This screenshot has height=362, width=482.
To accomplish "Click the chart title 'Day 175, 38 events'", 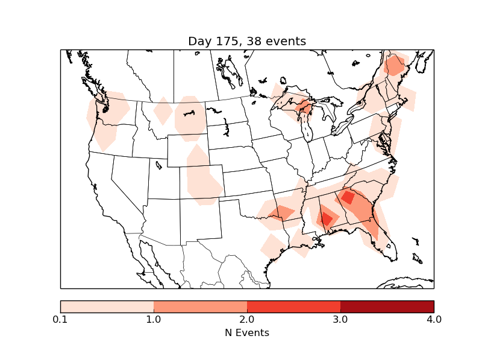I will point(247,41).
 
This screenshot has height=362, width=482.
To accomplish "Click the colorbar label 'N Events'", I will point(247,332).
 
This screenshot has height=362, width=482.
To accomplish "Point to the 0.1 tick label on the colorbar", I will point(60,319).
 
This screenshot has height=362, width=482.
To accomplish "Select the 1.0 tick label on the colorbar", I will point(154,319).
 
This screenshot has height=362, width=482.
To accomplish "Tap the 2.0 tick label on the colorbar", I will point(247,319).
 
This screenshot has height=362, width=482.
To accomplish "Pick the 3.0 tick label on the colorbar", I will point(340,319).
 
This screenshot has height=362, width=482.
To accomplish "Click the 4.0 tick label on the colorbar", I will point(434,319).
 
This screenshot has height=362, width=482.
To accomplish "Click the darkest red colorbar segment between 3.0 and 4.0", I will point(387,306).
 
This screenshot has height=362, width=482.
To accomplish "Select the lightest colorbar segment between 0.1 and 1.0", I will point(107,306).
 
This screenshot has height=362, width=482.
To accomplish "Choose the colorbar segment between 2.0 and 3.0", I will point(293,306).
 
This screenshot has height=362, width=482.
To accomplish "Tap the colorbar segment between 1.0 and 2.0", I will point(200,306).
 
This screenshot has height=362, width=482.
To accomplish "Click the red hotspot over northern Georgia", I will point(348,197).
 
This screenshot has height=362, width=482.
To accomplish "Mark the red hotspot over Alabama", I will point(326,218).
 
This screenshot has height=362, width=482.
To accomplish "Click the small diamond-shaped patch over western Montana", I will point(163,111).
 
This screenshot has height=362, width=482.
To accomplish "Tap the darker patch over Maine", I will point(395,65).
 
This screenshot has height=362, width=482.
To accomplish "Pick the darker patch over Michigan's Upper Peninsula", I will point(305,109).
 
